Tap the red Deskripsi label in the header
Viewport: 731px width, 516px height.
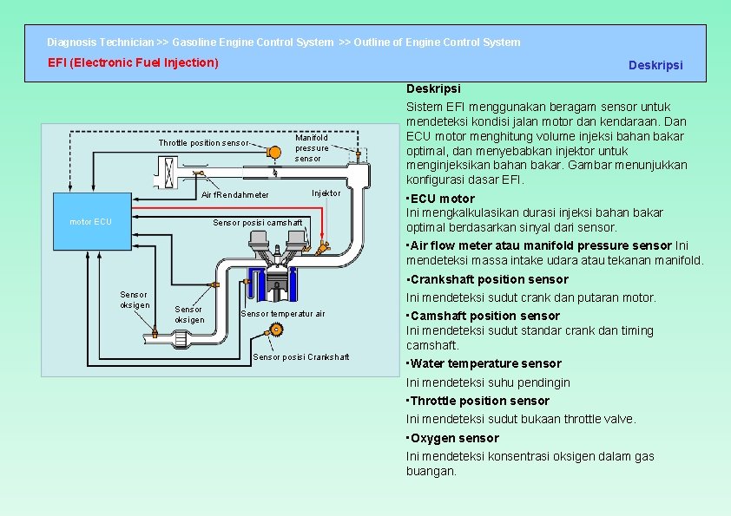(655, 66)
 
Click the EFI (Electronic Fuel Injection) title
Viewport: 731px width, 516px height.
(133, 62)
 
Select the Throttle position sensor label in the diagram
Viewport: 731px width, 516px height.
(202, 143)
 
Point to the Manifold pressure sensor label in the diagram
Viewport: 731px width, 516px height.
(312, 147)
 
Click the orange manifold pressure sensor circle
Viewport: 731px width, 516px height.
(274, 153)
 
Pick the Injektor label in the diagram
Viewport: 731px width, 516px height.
(326, 193)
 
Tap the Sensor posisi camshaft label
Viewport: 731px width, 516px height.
(258, 223)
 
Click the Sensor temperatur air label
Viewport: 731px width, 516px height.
(282, 314)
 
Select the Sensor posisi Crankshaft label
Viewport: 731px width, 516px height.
(300, 357)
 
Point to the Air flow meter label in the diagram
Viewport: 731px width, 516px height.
(234, 195)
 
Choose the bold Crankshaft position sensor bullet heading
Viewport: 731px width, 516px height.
(489, 279)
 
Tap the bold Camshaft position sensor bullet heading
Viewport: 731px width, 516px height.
(484, 316)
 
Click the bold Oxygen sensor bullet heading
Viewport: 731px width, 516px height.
(454, 438)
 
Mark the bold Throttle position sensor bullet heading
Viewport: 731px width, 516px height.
(479, 401)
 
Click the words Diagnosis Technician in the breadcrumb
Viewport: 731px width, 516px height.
(101, 42)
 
